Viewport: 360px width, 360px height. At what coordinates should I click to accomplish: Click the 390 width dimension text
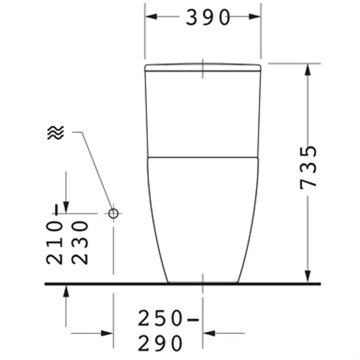[207, 18]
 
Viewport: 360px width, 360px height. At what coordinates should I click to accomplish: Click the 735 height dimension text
[309, 166]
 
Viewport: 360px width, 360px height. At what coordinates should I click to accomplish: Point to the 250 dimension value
[161, 318]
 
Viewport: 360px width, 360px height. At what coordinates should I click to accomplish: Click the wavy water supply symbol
[55, 132]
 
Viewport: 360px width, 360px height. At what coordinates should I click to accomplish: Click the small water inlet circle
[113, 213]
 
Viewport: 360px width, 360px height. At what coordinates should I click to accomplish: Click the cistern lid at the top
[203, 68]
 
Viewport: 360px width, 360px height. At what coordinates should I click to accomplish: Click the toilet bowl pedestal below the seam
[203, 219]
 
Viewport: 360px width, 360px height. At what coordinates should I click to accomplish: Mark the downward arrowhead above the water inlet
[66, 206]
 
